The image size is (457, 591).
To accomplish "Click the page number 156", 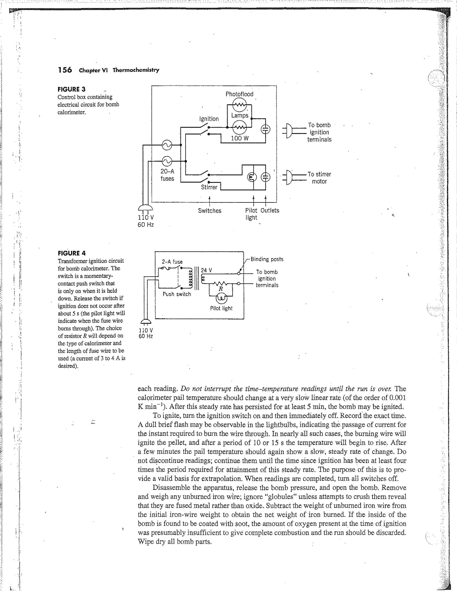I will (x=65, y=70).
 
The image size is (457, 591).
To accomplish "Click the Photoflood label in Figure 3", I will (x=239, y=94).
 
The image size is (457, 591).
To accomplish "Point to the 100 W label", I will (x=240, y=138).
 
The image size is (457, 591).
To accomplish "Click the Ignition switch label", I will (x=209, y=119).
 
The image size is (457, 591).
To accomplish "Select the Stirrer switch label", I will (x=209, y=187).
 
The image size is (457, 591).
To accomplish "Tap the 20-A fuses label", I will (x=167, y=175).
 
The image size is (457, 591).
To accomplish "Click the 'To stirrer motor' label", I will (x=319, y=178).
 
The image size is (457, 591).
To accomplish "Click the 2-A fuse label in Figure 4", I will (x=172, y=262).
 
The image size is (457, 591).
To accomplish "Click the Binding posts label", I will (x=267, y=259).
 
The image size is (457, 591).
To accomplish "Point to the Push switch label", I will (x=177, y=294).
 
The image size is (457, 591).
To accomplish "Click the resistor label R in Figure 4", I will (x=221, y=289).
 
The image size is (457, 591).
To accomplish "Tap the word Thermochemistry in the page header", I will (x=136, y=70).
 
